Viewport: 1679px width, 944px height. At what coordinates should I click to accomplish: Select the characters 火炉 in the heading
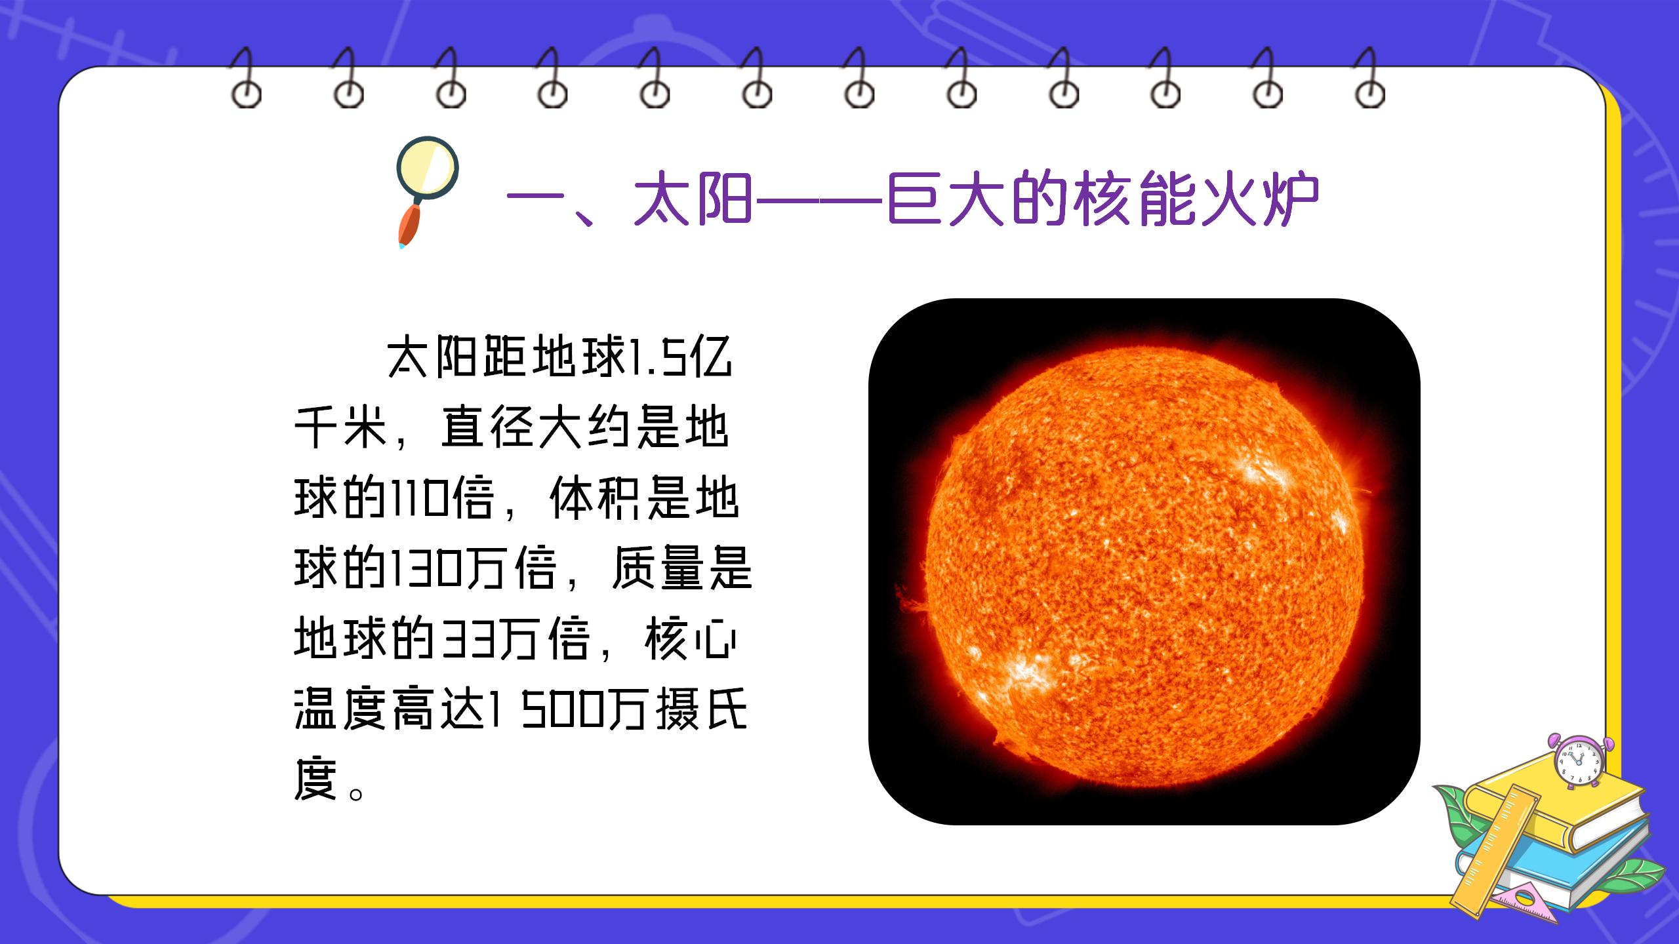pyautogui.click(x=1260, y=199)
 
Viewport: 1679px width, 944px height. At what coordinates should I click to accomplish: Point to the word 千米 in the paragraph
pyautogui.click(x=341, y=428)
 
